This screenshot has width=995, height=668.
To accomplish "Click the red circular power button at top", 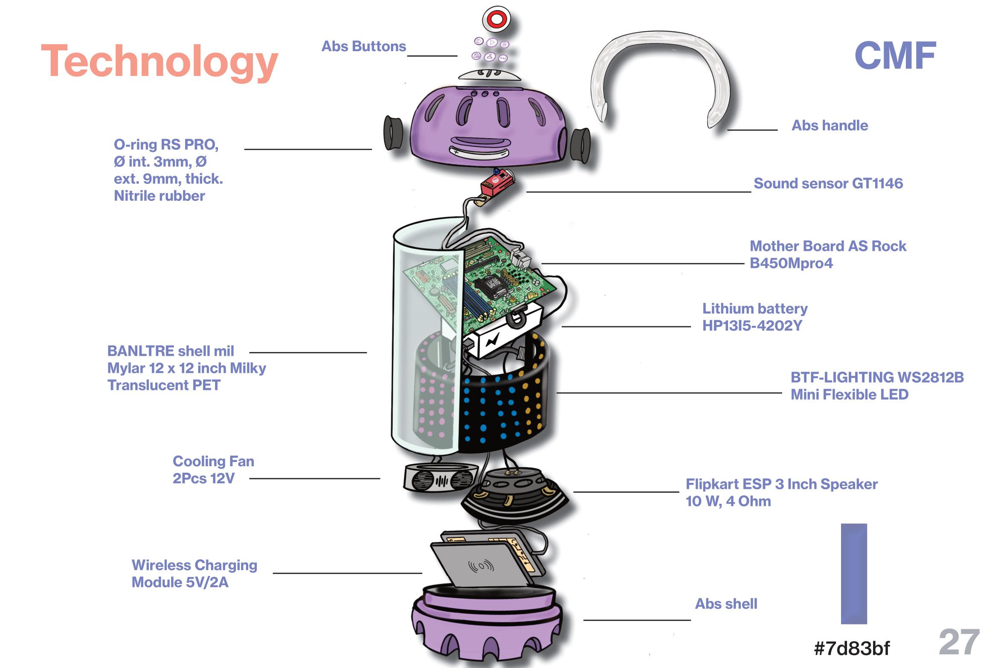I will pos(496,19).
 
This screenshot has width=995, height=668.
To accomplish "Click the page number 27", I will pos(959,642).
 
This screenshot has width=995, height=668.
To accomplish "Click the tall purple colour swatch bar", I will pos(853,573).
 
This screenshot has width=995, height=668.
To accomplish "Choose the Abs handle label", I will pos(830,125).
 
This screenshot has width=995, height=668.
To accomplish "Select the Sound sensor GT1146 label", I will pos(828,183).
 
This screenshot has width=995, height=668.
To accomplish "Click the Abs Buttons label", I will pos(363,46).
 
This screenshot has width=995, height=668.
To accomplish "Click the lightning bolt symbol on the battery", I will pos(492,340).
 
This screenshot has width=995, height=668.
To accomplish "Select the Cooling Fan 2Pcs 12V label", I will pos(213,470).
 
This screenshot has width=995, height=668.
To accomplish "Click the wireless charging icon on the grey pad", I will pos(481,566).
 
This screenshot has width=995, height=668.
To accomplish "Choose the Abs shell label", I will pos(726,604).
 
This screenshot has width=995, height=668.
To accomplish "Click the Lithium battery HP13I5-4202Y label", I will pos(754,317).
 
